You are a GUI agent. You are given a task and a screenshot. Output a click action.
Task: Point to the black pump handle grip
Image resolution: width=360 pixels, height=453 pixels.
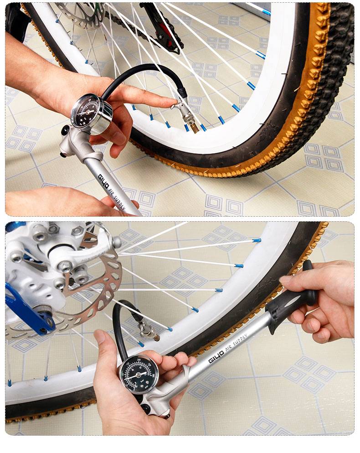291,301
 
